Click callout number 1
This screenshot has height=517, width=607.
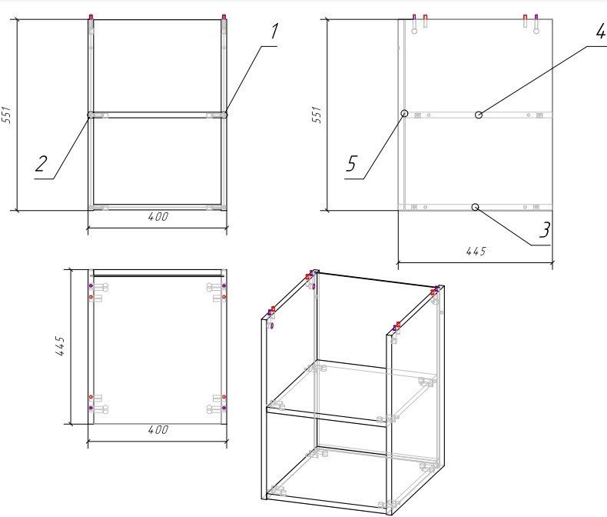pos(274,31)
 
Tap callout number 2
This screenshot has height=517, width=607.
pos(41,164)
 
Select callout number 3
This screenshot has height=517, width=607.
pos(545,230)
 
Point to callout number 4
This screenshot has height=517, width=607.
pos(601,31)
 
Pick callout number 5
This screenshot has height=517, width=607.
pos(350,164)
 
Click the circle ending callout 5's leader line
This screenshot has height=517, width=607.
pos(404,113)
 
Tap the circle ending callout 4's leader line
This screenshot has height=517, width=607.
pos(479,115)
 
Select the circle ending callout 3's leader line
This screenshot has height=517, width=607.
pos(476,208)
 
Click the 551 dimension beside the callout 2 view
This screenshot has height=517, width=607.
pos(7,115)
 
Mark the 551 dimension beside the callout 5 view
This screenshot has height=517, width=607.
pos(317,115)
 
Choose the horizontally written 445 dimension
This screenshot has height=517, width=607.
pos(476,252)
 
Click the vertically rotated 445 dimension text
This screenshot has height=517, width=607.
pos(60,345)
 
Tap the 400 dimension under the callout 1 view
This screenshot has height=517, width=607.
pos(158,217)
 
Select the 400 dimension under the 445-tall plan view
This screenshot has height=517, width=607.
pos(158,430)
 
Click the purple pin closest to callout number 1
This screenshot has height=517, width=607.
pos(224,17)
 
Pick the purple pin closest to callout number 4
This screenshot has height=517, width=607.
pos(536,18)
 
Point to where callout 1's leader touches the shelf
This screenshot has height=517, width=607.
pos(225,115)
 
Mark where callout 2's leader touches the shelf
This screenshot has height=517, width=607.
pos(90,115)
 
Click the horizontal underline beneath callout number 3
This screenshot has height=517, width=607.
pos(540,245)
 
